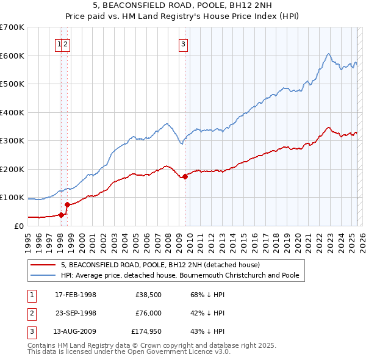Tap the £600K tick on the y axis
pyautogui.click(x=12, y=56)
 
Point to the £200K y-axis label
pyautogui.click(x=12, y=169)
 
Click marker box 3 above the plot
pyautogui.click(x=183, y=43)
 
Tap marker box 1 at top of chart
pyautogui.click(x=59, y=43)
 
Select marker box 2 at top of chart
pyautogui.click(x=65, y=43)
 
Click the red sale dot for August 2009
pyautogui.click(x=185, y=176)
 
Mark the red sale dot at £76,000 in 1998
pyautogui.click(x=67, y=204)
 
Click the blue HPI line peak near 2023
pyautogui.click(x=328, y=54)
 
